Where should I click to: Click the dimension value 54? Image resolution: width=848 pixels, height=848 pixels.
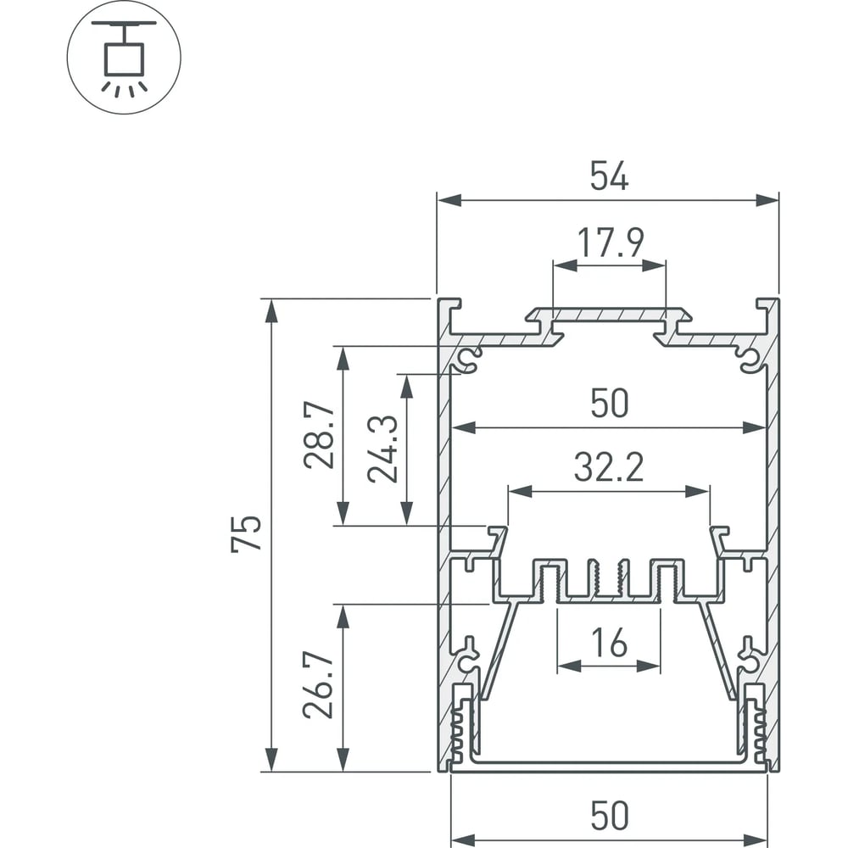[x=609, y=176]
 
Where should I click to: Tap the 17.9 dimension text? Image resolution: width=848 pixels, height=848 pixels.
[x=611, y=243]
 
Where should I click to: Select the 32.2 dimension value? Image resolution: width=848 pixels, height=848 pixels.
[x=609, y=467]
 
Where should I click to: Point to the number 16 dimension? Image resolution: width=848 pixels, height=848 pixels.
[x=609, y=643]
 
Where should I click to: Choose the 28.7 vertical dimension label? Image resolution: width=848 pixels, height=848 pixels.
[x=319, y=435]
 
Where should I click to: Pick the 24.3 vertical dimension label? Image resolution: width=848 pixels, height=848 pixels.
[x=382, y=449]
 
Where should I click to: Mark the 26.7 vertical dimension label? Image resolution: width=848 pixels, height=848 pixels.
[x=318, y=685]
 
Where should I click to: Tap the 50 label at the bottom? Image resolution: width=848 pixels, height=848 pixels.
[x=610, y=815]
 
